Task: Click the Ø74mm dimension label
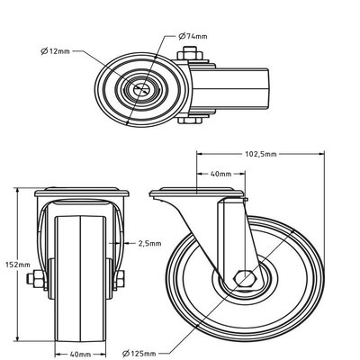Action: tap(193, 36)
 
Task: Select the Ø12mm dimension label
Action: tap(55, 51)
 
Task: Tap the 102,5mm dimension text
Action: tap(261, 154)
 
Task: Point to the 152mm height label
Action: tap(18, 265)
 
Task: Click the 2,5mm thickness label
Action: tap(149, 243)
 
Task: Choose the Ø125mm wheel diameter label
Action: tap(139, 353)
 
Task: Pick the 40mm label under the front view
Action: tap(80, 355)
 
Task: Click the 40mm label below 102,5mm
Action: tap(220, 174)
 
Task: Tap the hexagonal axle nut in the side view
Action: tap(245, 279)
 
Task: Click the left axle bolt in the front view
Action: tap(36, 279)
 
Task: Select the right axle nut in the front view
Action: tap(121, 279)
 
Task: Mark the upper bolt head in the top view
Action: tap(190, 54)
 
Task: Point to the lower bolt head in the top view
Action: tap(190, 121)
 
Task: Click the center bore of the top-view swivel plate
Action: tap(142, 88)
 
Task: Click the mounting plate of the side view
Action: tap(196, 193)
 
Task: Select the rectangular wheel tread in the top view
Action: tap(230, 89)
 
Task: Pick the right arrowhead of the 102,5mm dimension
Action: tap(321, 154)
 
